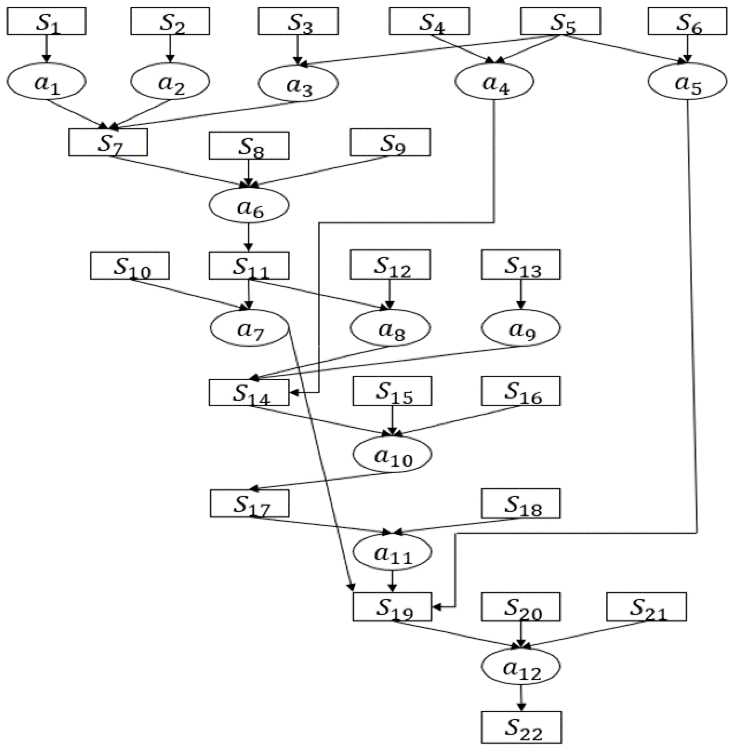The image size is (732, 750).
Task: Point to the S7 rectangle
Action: pos(108,142)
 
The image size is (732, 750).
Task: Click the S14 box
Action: pos(249,392)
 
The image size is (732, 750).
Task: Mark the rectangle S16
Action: pos(521,391)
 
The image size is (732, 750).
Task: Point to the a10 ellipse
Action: pos(392,454)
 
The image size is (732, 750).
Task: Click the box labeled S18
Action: pos(521,503)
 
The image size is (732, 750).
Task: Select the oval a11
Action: pos(392,552)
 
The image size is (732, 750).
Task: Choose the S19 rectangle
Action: pos(392,607)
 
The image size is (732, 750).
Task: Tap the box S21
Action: pos(646,607)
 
